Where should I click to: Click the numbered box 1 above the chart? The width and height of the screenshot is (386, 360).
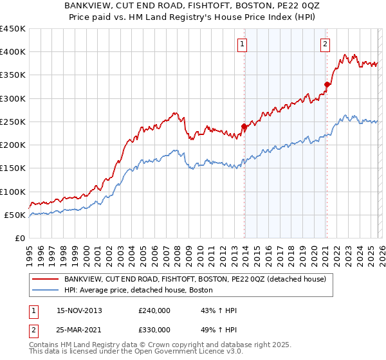point(243,44)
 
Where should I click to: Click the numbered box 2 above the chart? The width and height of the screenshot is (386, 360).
point(326,44)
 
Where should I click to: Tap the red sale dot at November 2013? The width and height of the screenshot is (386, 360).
point(244,127)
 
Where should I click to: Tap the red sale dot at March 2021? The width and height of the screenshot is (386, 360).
point(327,84)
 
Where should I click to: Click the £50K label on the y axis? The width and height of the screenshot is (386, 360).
point(15,215)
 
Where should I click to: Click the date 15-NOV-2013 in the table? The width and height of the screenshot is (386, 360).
point(79,310)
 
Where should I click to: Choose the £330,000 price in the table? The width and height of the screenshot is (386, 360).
point(154,330)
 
